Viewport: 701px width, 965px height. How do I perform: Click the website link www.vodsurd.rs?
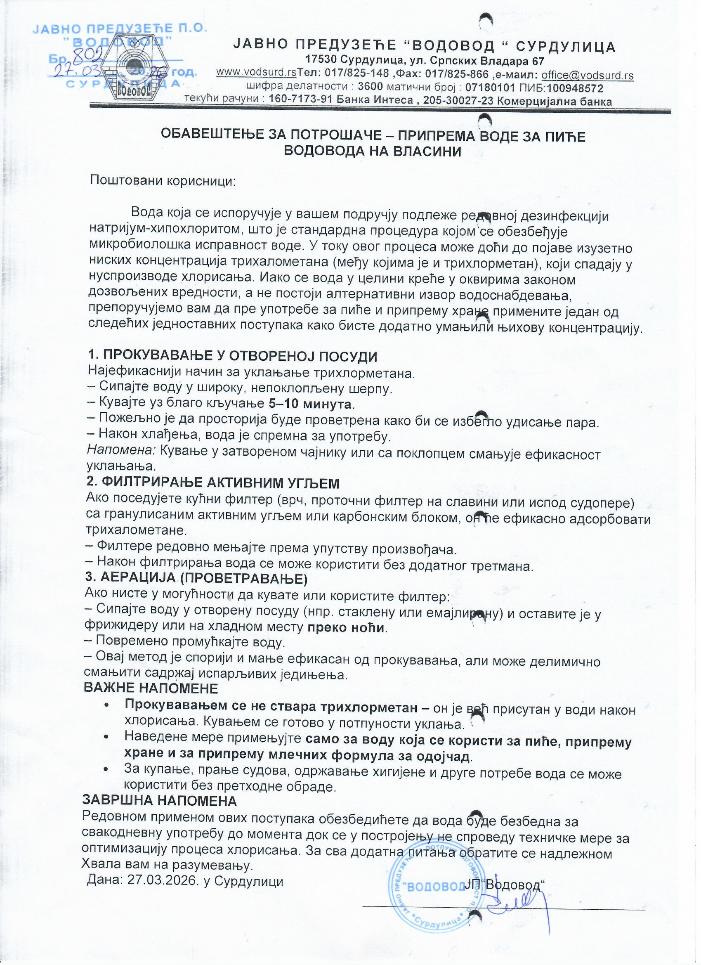(256, 73)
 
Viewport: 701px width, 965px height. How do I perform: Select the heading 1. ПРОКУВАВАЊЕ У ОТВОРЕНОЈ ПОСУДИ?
(232, 356)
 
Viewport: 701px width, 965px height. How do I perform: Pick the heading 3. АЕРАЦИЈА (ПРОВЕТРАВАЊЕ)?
(196, 578)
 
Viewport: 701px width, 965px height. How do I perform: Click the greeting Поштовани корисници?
(163, 180)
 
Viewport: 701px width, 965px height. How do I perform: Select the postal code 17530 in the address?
(321, 61)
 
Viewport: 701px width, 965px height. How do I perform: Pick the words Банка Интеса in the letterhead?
(374, 101)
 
